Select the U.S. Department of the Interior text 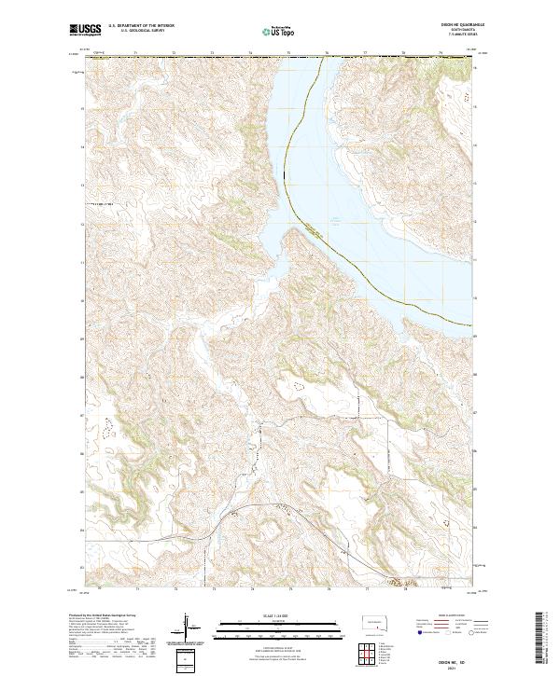[x=141, y=25]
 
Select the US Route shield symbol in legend [x=450, y=633]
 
